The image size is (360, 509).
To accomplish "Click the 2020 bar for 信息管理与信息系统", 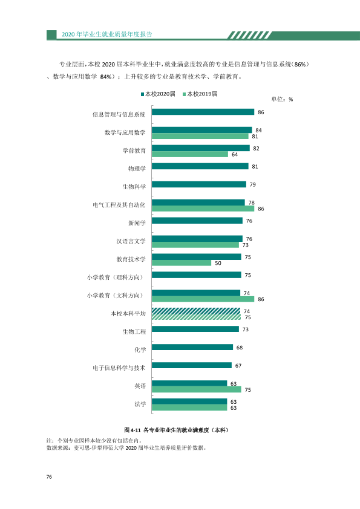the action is click(203, 112).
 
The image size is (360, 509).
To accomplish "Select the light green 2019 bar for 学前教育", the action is click(190, 154).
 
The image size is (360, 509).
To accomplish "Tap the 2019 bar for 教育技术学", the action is click(182, 263).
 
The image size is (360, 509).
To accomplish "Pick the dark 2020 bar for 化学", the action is click(192, 347).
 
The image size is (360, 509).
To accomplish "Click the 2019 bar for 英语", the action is click(197, 389).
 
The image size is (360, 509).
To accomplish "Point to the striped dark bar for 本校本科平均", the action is click(196, 311).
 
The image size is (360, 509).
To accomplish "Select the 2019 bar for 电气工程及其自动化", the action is click(203, 209).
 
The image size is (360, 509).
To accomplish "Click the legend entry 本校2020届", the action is click(158, 94).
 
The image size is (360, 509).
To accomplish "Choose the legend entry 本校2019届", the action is click(200, 94).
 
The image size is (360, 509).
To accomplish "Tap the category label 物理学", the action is click(137, 169).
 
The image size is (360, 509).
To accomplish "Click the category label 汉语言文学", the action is click(131, 241).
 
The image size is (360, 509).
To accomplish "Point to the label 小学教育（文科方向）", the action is click(115, 296).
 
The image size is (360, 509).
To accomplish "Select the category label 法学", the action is click(140, 404).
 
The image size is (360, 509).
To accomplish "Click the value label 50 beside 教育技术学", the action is click(218, 263).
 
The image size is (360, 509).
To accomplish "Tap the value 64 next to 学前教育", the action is click(235, 155).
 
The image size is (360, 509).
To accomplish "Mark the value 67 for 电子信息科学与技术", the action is click(238, 366).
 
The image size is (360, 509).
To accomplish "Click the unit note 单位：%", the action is click(282, 99).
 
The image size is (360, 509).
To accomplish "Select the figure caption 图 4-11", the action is click(133, 430).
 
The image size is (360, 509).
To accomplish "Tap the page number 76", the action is click(49, 477).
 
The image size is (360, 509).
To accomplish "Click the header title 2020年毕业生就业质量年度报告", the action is click(107, 34).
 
